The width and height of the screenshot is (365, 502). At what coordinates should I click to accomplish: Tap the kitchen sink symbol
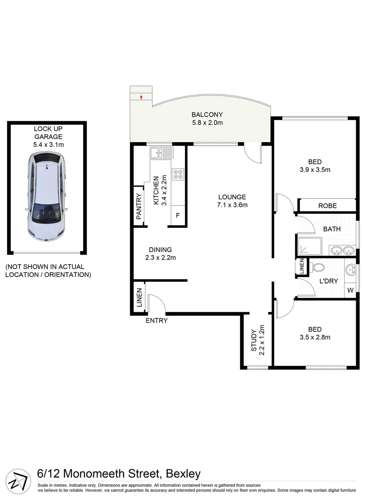pos(161,152)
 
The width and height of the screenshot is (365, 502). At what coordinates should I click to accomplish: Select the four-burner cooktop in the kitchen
pos(178,174)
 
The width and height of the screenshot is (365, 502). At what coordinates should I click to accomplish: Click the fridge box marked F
pos(177,216)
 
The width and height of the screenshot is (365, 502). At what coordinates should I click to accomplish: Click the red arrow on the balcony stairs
pos(141,97)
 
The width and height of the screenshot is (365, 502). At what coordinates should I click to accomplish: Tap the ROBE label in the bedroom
pos(327,205)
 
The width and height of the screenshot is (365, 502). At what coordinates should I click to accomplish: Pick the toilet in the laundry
pos(318,268)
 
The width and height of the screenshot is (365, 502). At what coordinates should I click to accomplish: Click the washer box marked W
pos(350,291)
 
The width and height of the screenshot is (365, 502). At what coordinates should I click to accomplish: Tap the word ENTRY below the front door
pos(156,320)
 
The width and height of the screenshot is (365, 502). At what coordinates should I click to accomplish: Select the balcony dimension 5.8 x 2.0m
pos(208,123)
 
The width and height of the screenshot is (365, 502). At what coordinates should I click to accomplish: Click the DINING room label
pos(160,249)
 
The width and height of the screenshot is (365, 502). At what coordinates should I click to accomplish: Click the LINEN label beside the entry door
pos(139,298)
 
